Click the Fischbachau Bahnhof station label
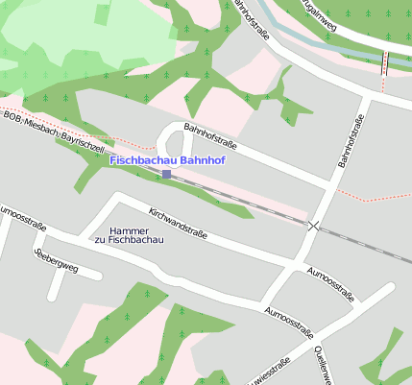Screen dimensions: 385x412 pos(167,160)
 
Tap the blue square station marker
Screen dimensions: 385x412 pos(166,174)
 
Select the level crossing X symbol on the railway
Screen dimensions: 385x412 pos(313,226)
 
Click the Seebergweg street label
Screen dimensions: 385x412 pos(56,259)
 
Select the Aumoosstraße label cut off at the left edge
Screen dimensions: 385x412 pos(21,215)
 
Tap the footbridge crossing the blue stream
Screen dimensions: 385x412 pos(385,61)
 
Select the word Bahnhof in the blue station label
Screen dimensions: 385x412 pos(203,160)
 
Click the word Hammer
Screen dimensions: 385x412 pos(128,230)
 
